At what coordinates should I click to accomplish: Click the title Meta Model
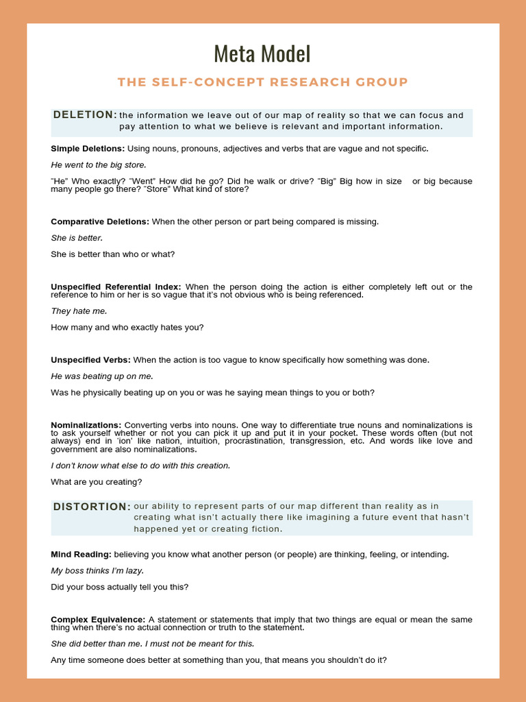[262, 53]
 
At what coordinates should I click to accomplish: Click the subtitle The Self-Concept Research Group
[262, 82]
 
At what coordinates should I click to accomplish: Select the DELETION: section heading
[85, 114]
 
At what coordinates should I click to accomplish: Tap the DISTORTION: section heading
[92, 507]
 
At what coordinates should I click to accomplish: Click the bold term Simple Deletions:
[88, 148]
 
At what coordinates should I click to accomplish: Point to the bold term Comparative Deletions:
[100, 221]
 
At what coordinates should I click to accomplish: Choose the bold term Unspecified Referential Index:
[116, 287]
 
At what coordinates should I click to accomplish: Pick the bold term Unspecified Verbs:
[90, 360]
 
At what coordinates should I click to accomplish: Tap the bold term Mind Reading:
[81, 554]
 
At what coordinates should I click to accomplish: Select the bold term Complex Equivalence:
[98, 620]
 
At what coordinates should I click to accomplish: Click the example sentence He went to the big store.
[99, 165]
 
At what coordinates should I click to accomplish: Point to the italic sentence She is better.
[77, 238]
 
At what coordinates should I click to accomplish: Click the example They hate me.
[79, 311]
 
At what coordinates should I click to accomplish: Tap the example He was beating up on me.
[102, 376]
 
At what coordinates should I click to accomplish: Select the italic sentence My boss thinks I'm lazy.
[97, 570]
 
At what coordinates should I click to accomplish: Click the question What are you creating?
[97, 482]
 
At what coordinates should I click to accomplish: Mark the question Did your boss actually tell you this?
[120, 587]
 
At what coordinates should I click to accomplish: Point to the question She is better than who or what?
[113, 254]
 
